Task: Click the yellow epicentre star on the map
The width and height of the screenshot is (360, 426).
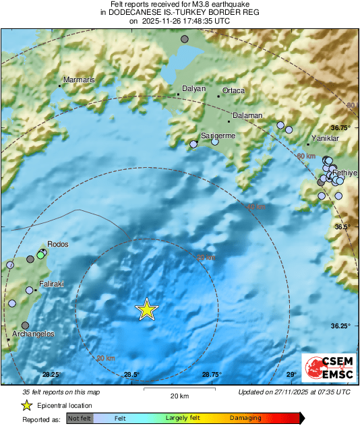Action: pyautogui.click(x=146, y=309)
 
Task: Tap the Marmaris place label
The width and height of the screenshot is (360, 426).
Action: pyautogui.click(x=78, y=80)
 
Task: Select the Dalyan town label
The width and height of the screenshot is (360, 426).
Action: pyautogui.click(x=195, y=89)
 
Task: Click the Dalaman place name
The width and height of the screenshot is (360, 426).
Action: pyautogui.click(x=247, y=116)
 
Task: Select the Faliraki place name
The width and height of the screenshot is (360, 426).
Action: pyautogui.click(x=51, y=284)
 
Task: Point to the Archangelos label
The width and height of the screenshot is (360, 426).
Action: pyautogui.click(x=33, y=334)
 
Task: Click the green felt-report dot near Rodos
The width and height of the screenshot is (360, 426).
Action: pyautogui.click(x=40, y=255)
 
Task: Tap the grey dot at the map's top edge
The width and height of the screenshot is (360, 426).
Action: pyautogui.click(x=185, y=40)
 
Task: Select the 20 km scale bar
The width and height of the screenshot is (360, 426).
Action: pyautogui.click(x=179, y=388)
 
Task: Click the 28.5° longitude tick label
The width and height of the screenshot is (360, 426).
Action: pyautogui.click(x=131, y=375)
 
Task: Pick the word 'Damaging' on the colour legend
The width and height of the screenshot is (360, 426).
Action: pyautogui.click(x=245, y=419)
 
